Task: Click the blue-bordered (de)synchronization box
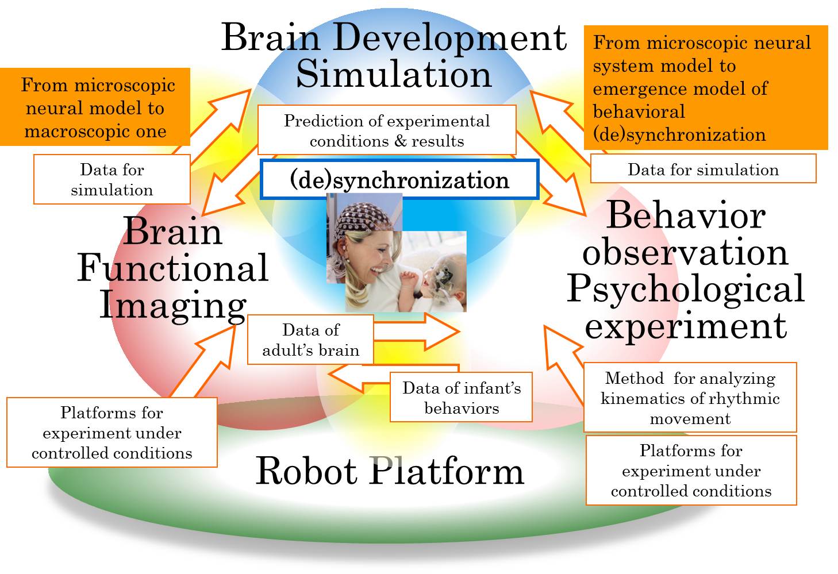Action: click(x=399, y=180)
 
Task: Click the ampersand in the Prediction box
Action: click(x=402, y=141)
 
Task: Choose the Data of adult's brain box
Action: click(x=310, y=340)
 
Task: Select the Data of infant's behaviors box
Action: click(x=461, y=398)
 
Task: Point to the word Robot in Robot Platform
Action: click(x=306, y=471)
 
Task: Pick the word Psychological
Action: click(x=685, y=288)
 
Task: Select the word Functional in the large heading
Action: click(x=172, y=267)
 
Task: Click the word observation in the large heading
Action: click(x=685, y=252)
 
